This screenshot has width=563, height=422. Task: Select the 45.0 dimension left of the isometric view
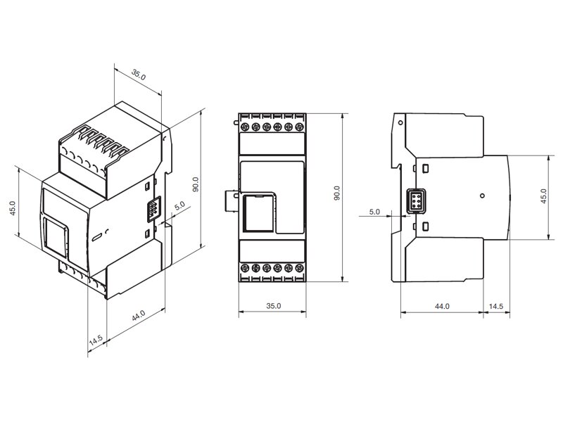pos(13,208)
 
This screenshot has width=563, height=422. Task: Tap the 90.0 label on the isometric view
pos(196,184)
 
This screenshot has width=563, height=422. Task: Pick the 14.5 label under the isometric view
pos(96,340)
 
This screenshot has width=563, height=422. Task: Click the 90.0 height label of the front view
pos(336,193)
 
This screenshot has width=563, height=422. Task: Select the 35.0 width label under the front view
pos(273,306)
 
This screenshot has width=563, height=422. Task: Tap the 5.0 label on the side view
pos(374,212)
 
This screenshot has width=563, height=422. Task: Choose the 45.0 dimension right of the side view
pos(543,196)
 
